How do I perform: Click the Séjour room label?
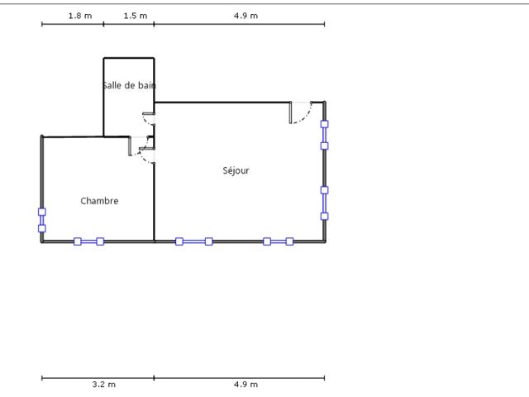tap(236, 171)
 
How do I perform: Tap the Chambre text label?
tap(99, 201)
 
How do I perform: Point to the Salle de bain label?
tap(129, 85)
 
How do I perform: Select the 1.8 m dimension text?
tap(80, 16)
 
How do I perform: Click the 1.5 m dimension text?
tap(136, 16)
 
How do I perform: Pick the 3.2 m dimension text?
tap(104, 384)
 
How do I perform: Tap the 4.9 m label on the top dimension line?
tap(245, 16)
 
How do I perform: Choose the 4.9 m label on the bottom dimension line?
tap(245, 384)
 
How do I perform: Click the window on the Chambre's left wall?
tap(42, 220)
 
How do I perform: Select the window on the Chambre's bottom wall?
tap(88, 242)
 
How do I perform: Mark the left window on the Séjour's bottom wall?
tap(194, 242)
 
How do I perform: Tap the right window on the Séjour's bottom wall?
tap(279, 242)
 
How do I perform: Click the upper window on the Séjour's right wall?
tap(324, 135)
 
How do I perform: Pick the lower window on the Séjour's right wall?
tap(324, 203)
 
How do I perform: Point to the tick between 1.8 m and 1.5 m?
tap(103, 24)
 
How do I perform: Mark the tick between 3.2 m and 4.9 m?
tap(154, 378)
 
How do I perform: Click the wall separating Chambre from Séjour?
tap(155, 203)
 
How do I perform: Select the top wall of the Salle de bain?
tap(129, 58)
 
